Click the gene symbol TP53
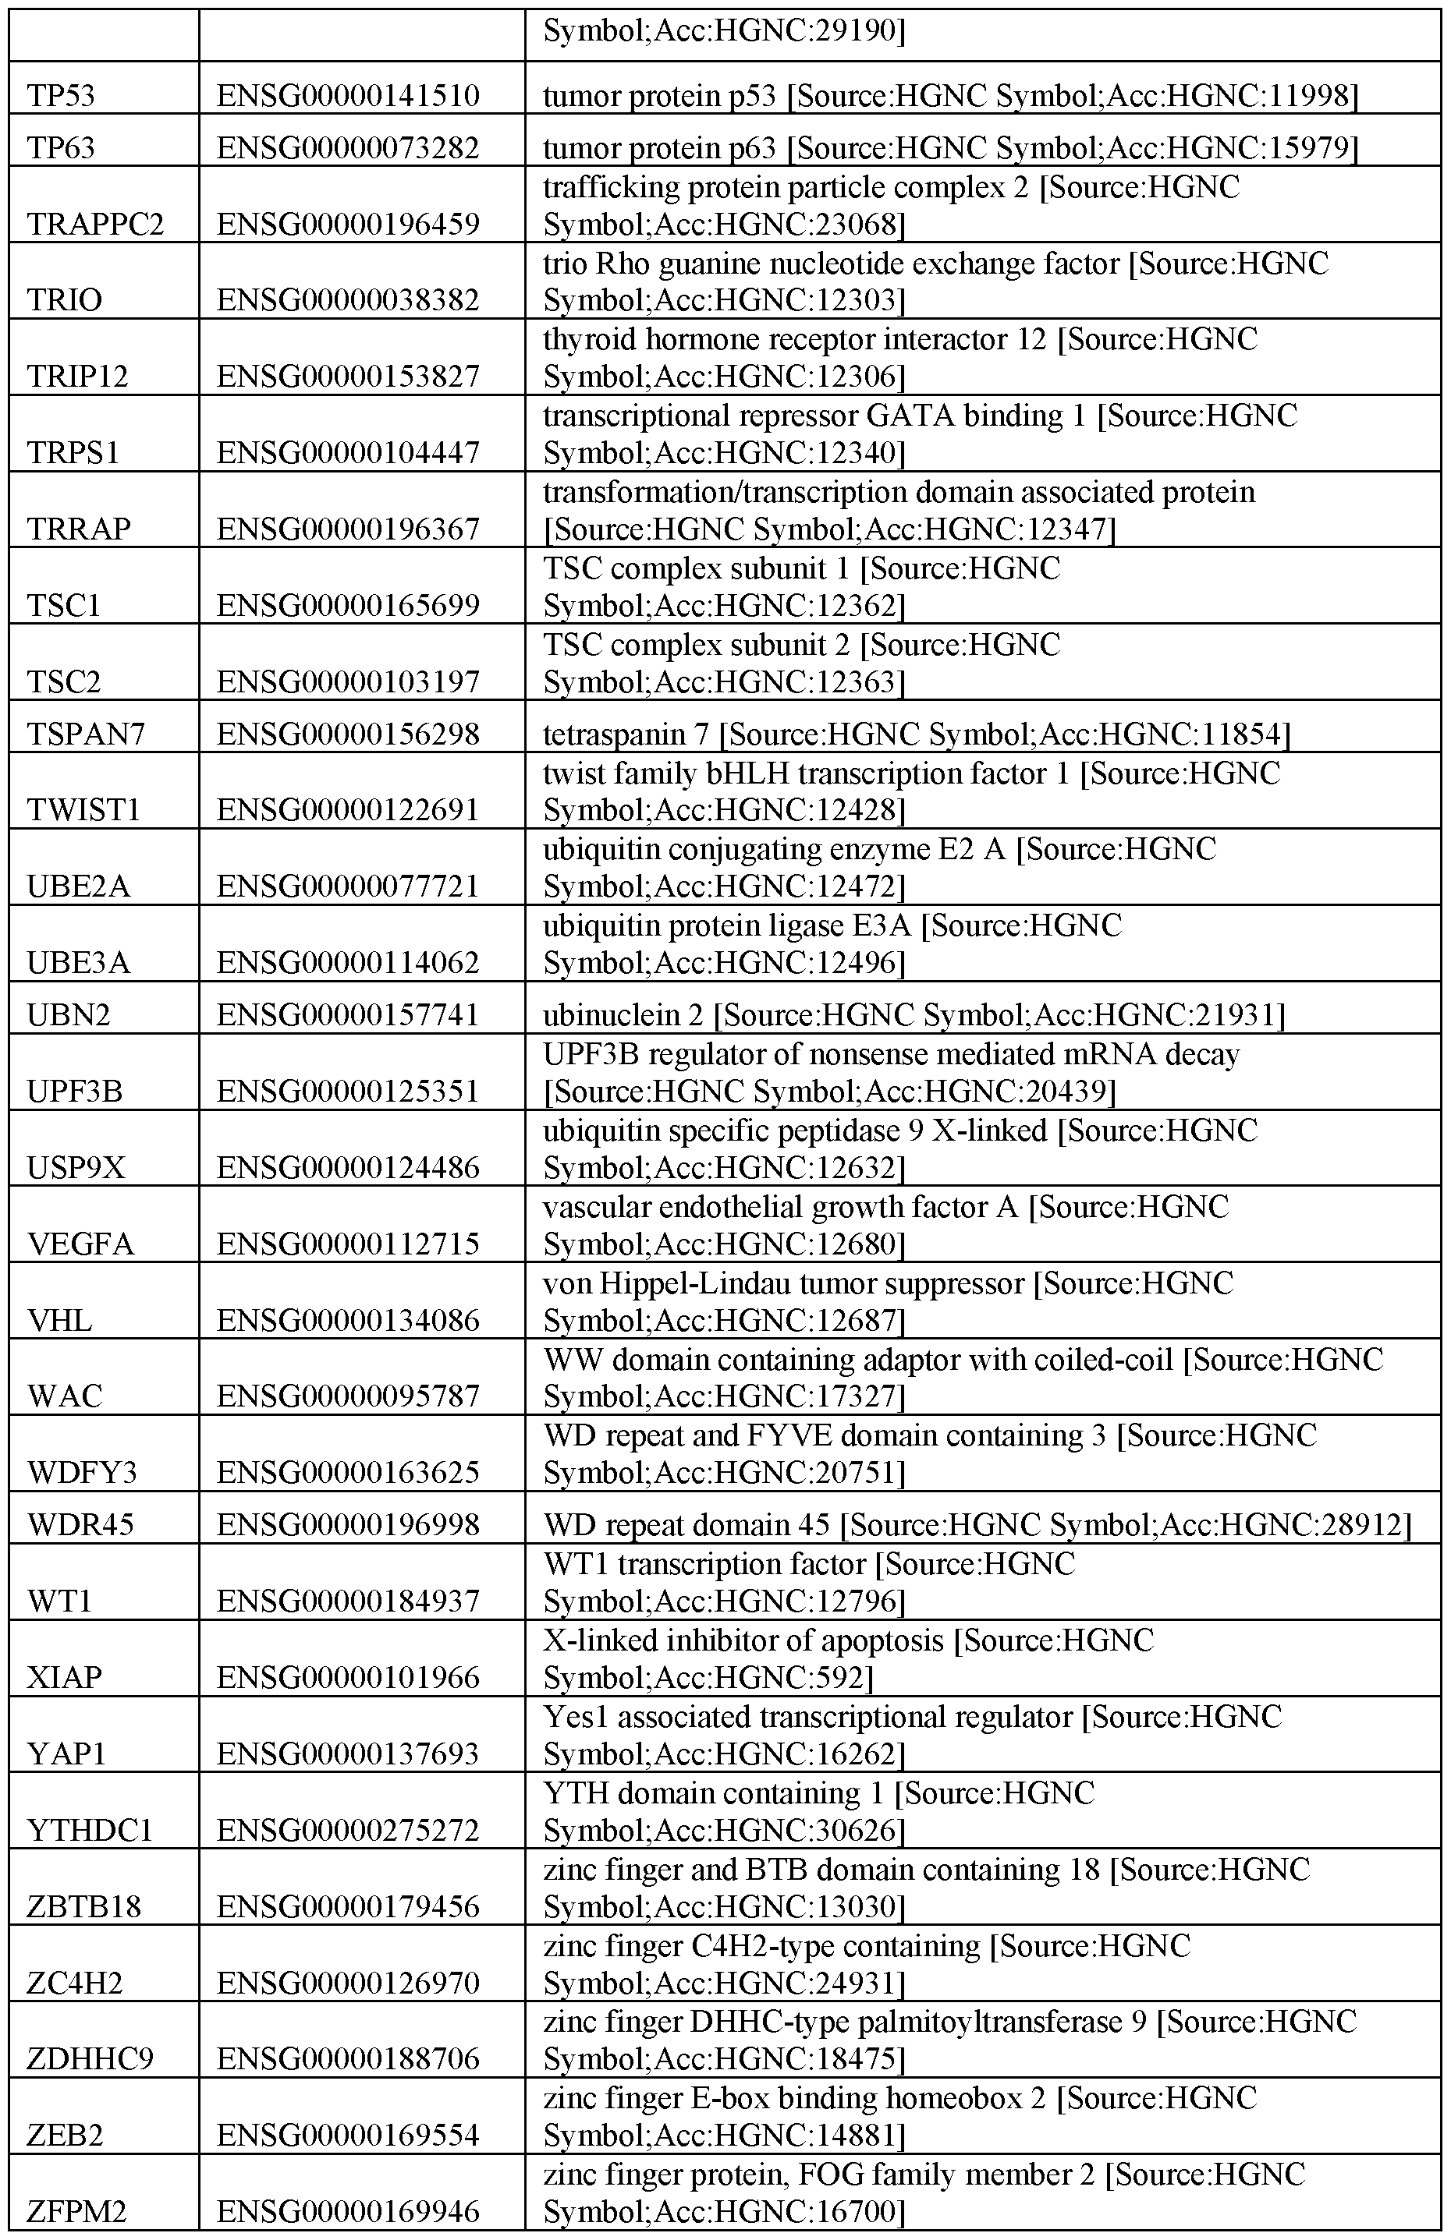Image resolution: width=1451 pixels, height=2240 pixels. pos(61,95)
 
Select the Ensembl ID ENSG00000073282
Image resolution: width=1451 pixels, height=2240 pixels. pos(349,148)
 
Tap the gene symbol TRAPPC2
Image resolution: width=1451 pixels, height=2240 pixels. pos(95,224)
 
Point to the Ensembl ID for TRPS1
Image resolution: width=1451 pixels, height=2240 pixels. pos(349,453)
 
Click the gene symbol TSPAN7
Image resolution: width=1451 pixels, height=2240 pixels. pos(87,733)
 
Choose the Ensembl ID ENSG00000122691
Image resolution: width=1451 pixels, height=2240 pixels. pos(349,809)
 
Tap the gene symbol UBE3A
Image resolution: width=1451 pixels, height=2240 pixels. pos(79,962)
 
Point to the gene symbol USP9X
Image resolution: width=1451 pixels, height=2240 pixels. pos(77,1167)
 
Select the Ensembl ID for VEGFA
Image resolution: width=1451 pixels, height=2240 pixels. pos(349,1244)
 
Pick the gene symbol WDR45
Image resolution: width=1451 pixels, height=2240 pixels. pos(83,1523)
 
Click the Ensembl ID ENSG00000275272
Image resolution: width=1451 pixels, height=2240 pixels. pos(349,1830)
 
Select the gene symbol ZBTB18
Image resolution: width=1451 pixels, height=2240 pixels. pos(85,1906)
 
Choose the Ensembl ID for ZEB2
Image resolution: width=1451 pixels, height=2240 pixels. pos(349,2135)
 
